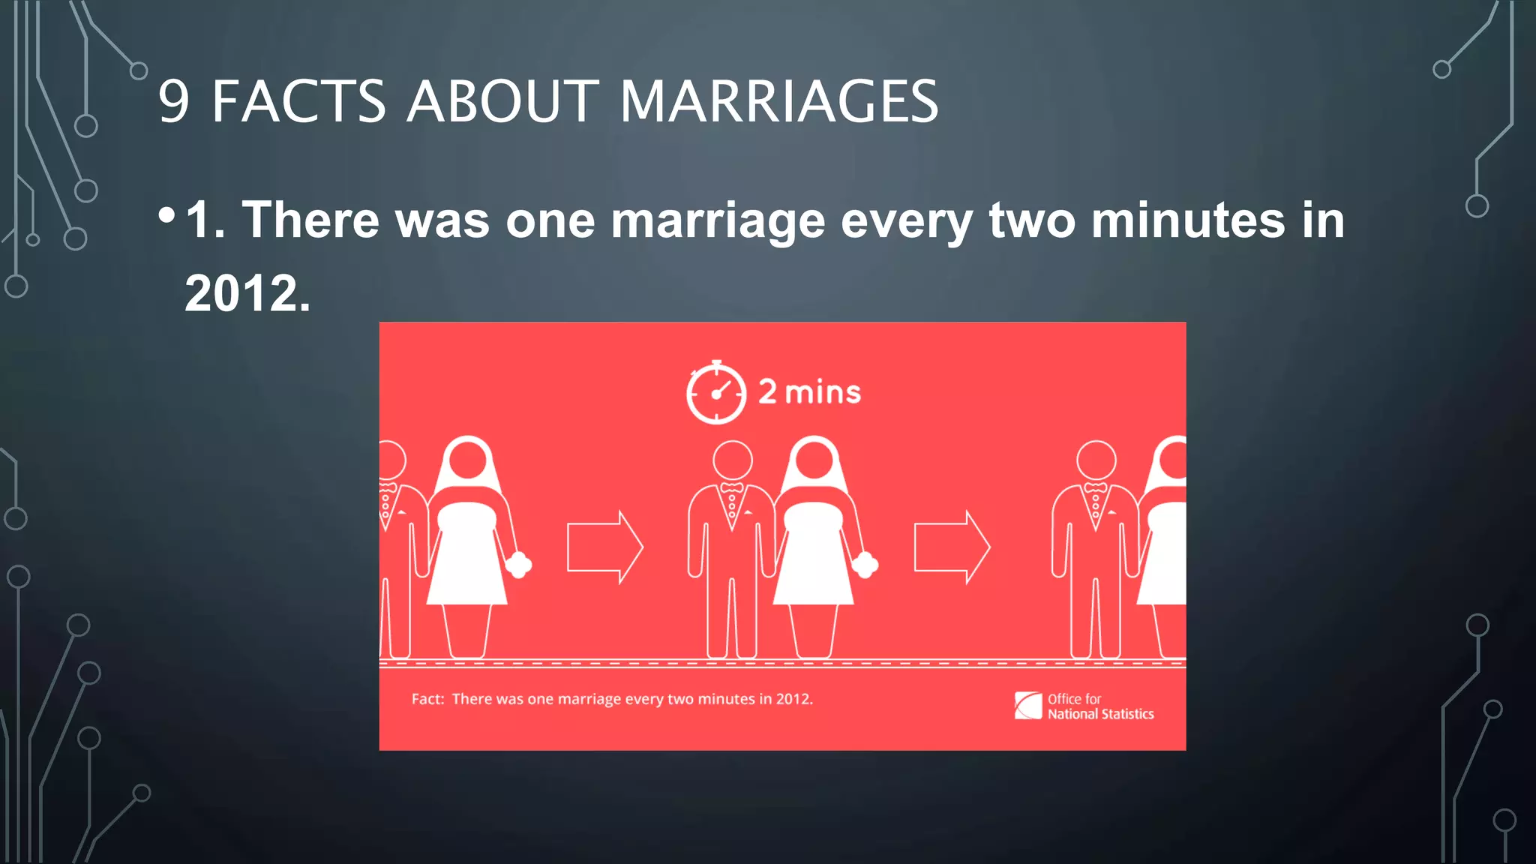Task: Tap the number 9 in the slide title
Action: coord(174,102)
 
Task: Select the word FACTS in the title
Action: coord(298,101)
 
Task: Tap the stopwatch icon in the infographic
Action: coord(716,393)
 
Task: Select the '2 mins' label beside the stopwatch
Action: coord(809,392)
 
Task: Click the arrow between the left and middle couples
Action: coord(604,547)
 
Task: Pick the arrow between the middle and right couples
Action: coord(951,547)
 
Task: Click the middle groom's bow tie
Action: coord(731,488)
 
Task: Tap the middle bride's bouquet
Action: coord(865,564)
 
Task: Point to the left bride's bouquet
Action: coord(519,564)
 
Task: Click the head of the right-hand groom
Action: coord(1096,460)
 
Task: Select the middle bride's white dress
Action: coord(814,555)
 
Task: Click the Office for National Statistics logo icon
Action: coord(1028,706)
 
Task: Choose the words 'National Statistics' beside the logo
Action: coord(1100,714)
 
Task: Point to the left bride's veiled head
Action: coord(468,459)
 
